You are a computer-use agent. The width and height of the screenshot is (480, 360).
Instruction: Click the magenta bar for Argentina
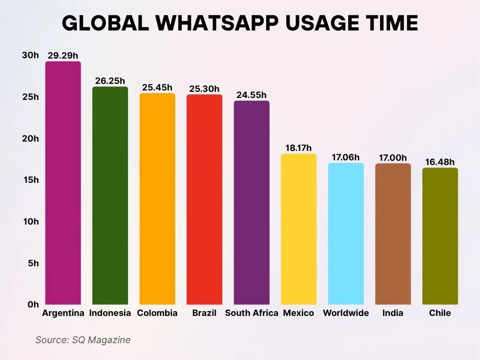(x=63, y=183)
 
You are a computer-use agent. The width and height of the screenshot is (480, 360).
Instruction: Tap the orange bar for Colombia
(x=157, y=199)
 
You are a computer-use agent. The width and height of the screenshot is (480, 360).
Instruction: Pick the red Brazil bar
(x=204, y=199)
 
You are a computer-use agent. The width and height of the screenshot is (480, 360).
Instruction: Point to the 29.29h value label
(x=63, y=56)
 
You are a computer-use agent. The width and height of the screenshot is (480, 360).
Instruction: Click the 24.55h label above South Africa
(x=251, y=95)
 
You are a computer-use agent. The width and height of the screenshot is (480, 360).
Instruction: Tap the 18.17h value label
(x=299, y=148)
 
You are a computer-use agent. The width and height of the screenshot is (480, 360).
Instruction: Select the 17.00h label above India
(x=393, y=158)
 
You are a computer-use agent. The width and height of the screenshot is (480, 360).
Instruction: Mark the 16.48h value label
(x=440, y=162)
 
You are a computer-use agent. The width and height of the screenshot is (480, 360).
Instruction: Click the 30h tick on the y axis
(x=30, y=55)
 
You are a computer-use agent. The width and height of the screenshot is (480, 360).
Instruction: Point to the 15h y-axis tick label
(x=30, y=180)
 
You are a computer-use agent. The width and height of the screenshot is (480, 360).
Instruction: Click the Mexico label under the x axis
(x=299, y=313)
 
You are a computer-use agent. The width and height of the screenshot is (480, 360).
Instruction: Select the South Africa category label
(x=252, y=313)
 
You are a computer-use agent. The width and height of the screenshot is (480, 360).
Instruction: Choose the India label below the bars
(x=393, y=313)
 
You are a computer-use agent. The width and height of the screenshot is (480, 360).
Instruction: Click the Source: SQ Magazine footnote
(x=83, y=340)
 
